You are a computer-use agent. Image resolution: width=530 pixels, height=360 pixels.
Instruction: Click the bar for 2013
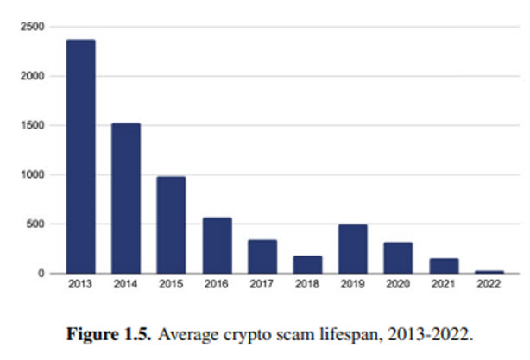click(x=80, y=156)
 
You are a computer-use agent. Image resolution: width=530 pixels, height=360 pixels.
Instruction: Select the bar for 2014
click(x=126, y=198)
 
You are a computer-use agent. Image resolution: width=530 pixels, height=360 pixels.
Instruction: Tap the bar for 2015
click(x=171, y=224)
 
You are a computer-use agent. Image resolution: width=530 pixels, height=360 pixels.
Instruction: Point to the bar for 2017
click(x=262, y=256)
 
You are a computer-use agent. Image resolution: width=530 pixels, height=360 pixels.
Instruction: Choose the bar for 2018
click(x=308, y=264)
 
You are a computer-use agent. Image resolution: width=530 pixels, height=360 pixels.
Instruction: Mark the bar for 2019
click(x=353, y=249)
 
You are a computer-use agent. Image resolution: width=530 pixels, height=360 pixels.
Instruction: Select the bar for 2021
click(x=444, y=266)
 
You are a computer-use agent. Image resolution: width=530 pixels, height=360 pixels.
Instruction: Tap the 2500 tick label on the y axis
click(x=32, y=27)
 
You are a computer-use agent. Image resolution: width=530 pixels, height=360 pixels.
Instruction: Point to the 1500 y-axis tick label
click(x=32, y=125)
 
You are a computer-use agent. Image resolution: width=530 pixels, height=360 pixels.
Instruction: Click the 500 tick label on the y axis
click(x=35, y=224)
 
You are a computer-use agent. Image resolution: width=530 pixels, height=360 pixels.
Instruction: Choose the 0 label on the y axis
click(x=40, y=273)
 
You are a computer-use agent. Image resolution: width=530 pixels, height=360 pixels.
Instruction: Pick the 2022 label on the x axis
click(x=489, y=284)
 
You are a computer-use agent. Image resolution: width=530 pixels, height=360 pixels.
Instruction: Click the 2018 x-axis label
click(x=308, y=284)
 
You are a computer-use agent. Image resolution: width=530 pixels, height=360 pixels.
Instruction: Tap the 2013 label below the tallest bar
click(x=80, y=284)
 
